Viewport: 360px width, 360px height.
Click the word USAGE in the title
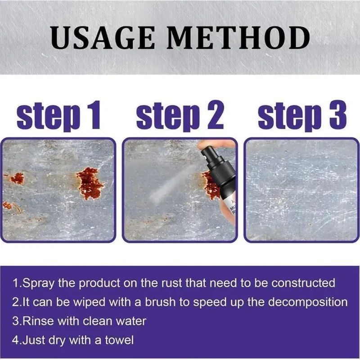coord(103,38)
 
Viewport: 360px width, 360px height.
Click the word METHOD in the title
coord(238,38)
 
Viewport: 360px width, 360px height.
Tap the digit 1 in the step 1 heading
coord(94,115)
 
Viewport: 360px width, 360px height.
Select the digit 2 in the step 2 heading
coord(216,115)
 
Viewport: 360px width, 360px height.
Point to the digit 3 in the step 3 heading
coord(338,115)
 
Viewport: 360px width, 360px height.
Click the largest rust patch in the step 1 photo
coord(90,183)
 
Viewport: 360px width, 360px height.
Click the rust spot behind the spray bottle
coord(209,185)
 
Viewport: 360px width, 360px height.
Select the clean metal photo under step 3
coord(301,190)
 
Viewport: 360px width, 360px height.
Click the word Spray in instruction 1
coord(39,283)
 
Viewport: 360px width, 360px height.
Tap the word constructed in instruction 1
coord(303,283)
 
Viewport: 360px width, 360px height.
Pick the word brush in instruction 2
coord(160,302)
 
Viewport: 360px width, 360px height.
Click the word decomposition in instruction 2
coord(308,302)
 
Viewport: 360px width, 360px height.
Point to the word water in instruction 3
coord(131,321)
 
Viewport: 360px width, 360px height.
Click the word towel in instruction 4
coord(119,340)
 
